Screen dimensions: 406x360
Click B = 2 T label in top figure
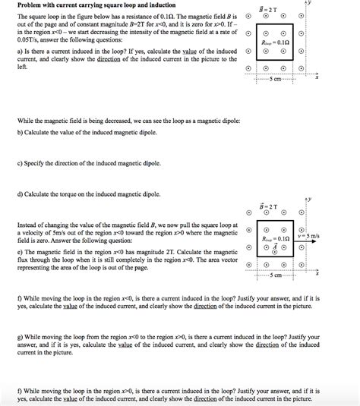click(x=268, y=13)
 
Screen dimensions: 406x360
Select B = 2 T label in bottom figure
click(x=267, y=206)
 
